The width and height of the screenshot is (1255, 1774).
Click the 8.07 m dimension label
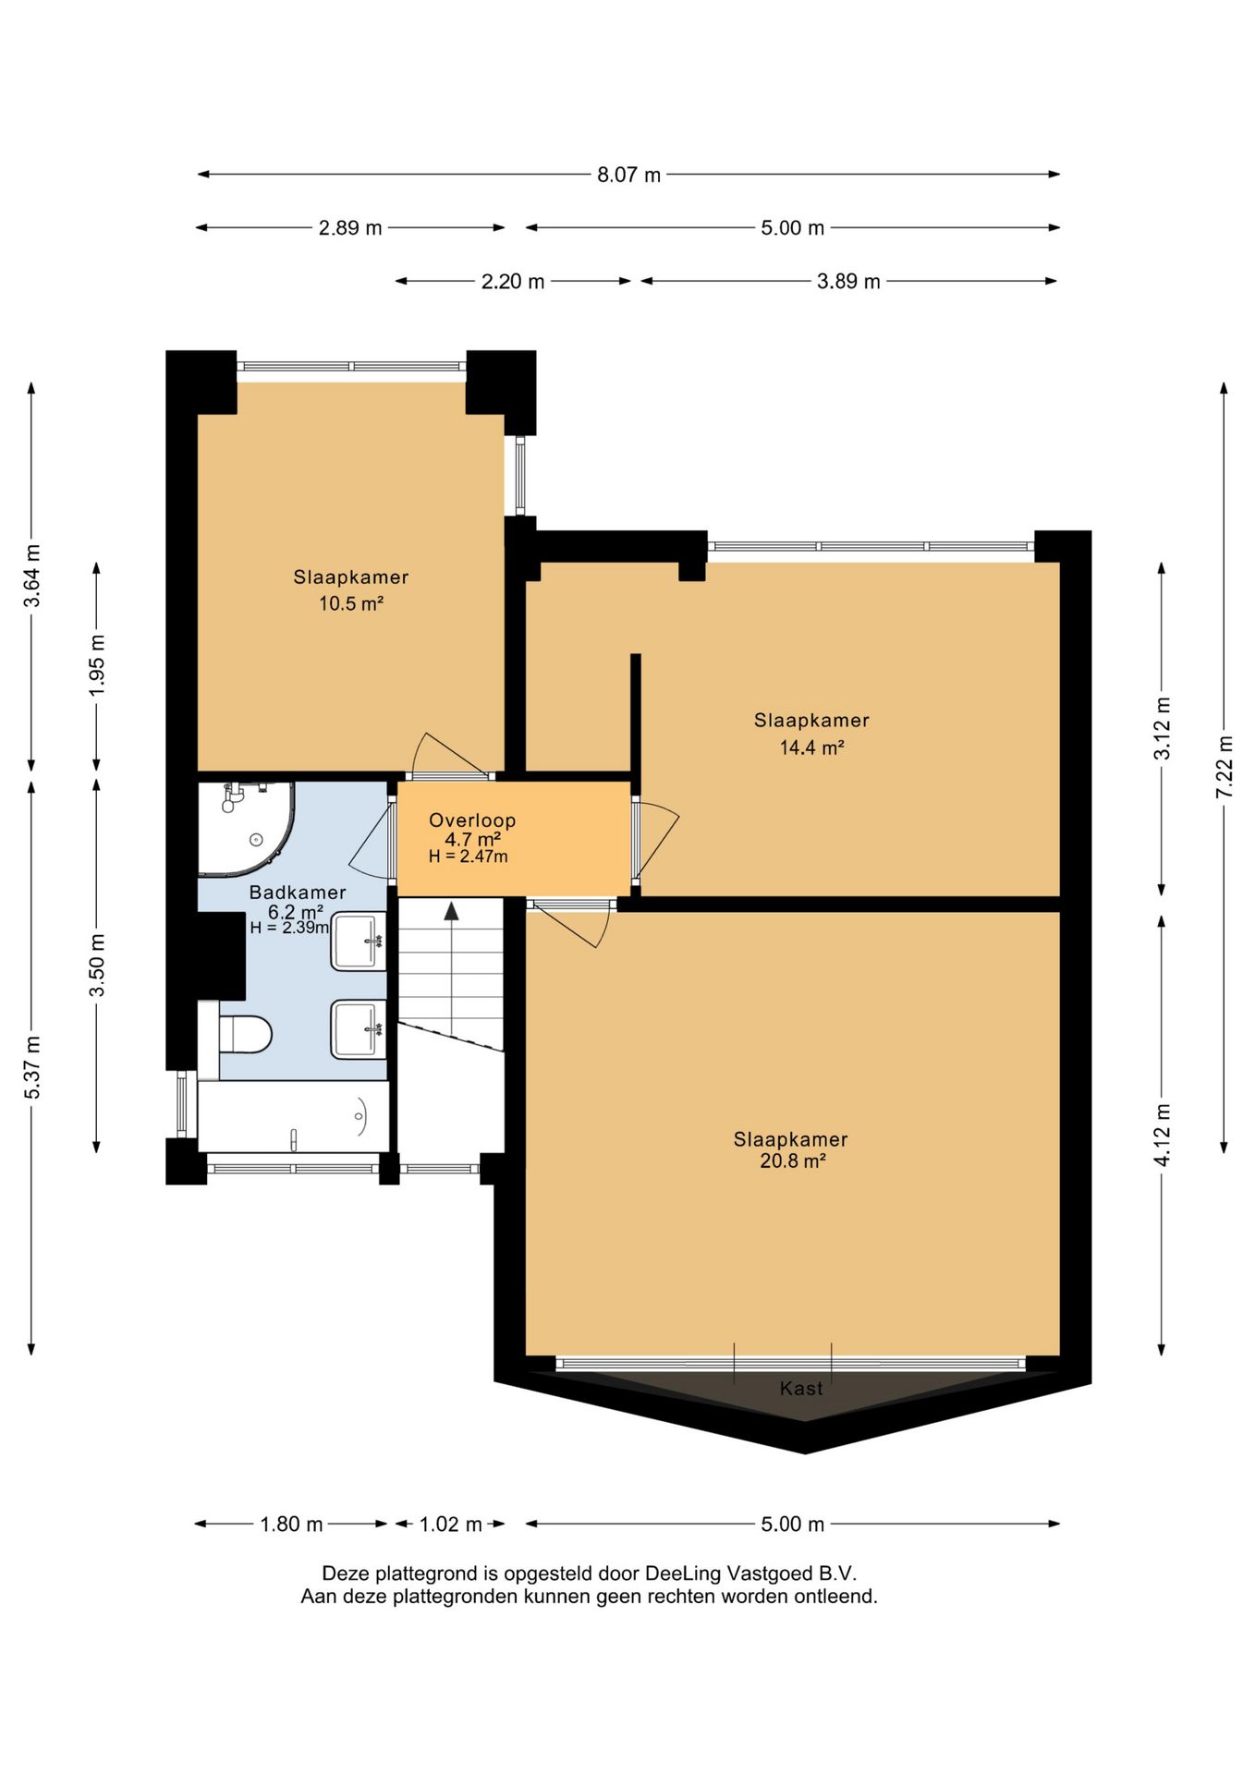628,175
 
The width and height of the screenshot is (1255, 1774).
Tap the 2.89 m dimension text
350,228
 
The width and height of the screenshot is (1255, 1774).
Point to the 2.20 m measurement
513,282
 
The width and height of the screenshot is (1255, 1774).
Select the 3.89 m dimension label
848,282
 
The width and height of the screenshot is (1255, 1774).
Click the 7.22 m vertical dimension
1225,767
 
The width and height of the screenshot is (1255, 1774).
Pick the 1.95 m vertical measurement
97,665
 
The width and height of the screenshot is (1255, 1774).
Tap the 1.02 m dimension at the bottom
451,1524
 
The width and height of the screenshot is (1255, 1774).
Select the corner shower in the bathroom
246,828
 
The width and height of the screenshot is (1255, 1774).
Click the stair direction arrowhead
451,911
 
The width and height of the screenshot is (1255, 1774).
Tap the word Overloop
472,820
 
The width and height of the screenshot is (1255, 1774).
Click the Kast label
801,1388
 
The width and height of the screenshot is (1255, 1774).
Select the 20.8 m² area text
792,1161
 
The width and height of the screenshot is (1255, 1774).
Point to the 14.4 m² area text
811,747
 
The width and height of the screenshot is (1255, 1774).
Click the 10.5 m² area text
351,604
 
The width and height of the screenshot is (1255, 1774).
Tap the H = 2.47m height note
468,857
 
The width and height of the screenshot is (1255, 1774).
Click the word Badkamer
298,893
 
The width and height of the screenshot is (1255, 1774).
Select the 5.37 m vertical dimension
31,1067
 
